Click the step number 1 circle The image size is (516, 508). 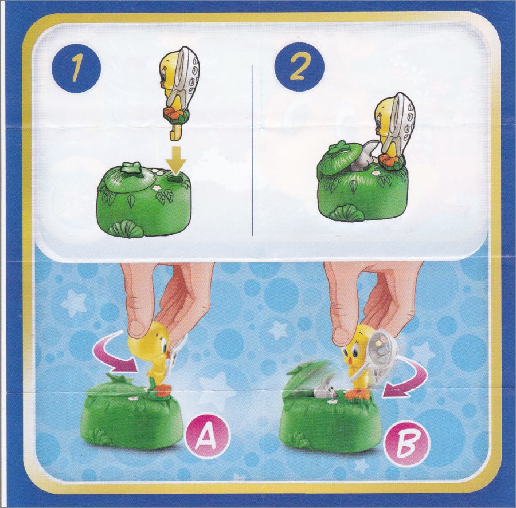tap(76, 70)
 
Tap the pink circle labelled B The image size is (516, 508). tap(408, 438)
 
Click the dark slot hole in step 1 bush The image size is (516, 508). tap(176, 179)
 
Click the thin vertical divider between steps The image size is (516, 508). tap(252, 150)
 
